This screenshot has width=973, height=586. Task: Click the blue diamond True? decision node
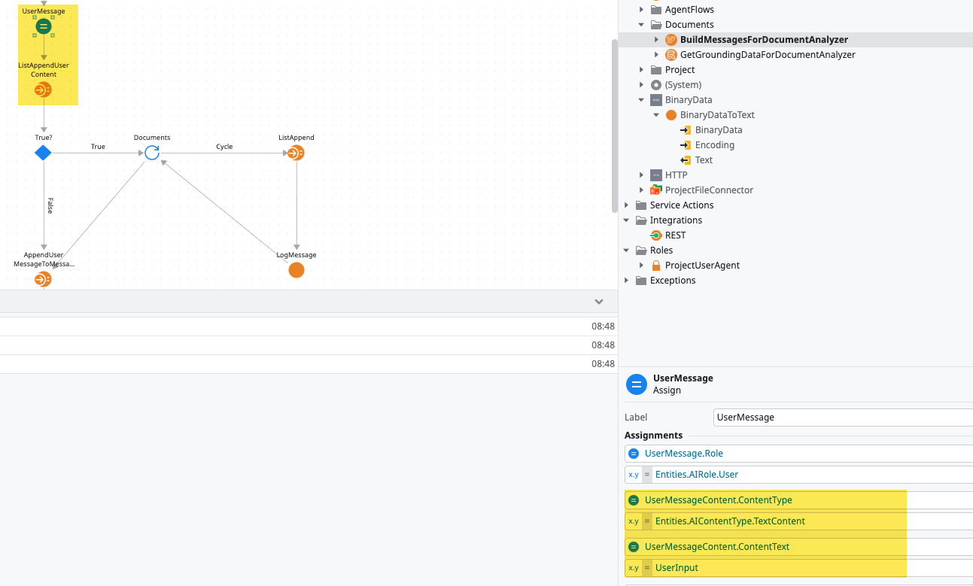43,153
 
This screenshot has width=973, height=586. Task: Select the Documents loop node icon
152,153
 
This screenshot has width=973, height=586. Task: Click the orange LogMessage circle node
296,270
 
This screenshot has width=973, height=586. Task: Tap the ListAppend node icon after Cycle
296,153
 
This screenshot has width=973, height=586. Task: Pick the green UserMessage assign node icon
44,27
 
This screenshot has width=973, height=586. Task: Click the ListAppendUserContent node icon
43,90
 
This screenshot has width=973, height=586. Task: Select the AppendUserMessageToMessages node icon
43,280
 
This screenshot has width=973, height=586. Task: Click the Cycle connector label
224,147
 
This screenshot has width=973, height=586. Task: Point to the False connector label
50,205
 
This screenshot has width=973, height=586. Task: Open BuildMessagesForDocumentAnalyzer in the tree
763,40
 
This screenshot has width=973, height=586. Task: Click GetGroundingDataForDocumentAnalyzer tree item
767,55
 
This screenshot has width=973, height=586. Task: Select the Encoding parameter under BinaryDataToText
714,145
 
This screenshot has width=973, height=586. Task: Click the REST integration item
675,235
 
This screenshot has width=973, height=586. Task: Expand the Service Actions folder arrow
627,205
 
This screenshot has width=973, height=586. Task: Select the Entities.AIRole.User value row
697,475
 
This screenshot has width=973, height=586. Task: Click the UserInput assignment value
677,568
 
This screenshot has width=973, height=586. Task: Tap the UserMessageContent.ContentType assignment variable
718,500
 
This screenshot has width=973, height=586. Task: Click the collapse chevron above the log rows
599,302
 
